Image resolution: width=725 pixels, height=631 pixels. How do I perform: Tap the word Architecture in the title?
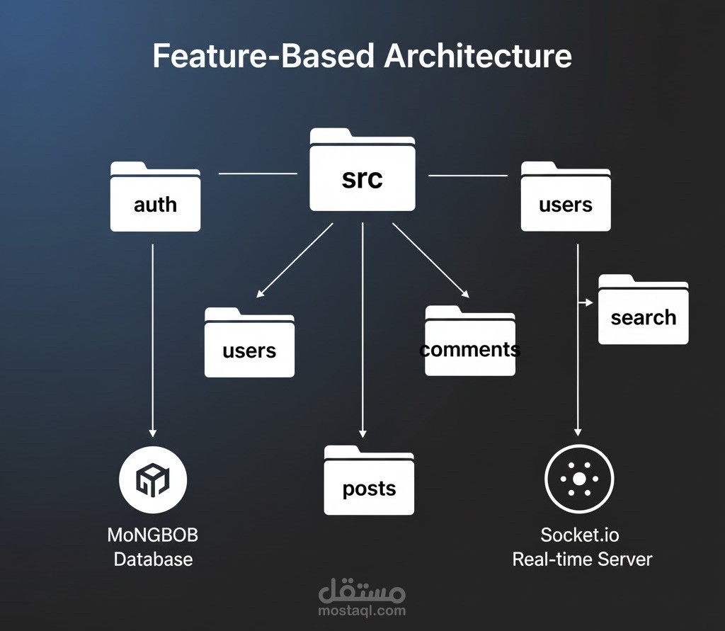pos(478,56)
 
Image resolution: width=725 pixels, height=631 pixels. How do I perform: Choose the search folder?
pos(643,311)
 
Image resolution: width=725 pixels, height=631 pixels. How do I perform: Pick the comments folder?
pos(470,341)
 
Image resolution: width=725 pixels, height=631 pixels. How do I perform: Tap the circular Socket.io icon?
pos(579,479)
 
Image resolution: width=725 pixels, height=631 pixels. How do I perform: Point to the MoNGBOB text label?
pos(153,534)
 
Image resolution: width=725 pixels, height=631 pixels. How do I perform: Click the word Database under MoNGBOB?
pos(153,559)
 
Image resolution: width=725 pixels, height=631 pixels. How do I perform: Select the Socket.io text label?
pos(580,534)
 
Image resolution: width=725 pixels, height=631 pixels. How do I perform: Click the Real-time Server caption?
pos(582,559)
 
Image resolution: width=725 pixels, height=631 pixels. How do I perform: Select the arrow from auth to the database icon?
pos(153,340)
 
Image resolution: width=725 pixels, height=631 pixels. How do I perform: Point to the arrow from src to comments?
pos(430,260)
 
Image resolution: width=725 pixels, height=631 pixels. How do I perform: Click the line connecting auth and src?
pos(258,173)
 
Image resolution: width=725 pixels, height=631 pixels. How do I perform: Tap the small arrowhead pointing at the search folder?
pos(587,303)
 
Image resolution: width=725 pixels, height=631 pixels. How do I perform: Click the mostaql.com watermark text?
pos(362,610)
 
